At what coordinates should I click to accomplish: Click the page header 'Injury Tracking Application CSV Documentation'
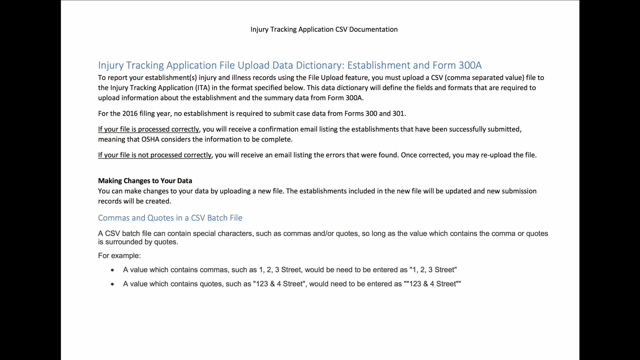pos(324,29)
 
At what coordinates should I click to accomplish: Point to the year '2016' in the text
pos(130,114)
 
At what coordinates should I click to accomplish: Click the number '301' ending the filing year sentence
pos(398,114)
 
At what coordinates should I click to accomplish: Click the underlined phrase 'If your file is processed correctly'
pos(148,129)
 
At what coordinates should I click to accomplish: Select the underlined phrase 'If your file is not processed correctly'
pos(155,155)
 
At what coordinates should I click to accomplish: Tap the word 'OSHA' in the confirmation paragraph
pos(150,139)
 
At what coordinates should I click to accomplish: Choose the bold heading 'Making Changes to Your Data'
pos(145,181)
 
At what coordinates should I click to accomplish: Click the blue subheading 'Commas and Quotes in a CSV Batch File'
pos(170,218)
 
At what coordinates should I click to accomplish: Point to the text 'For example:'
pos(119,256)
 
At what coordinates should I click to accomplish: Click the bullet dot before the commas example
pos(112,270)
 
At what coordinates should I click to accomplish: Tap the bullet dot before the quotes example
pos(112,284)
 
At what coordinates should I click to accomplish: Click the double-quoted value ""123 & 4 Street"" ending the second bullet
pos(432,284)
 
